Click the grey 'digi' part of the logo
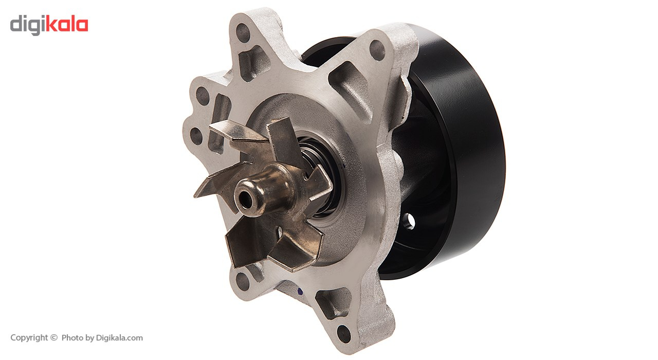(x=28, y=25)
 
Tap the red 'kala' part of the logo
(x=67, y=24)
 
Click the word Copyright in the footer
(x=29, y=338)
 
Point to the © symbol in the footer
(x=54, y=337)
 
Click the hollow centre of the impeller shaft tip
(x=246, y=200)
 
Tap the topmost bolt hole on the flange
(x=243, y=32)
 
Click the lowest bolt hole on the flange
(x=344, y=334)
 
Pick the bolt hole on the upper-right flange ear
(x=377, y=50)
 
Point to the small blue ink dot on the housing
(x=300, y=292)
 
